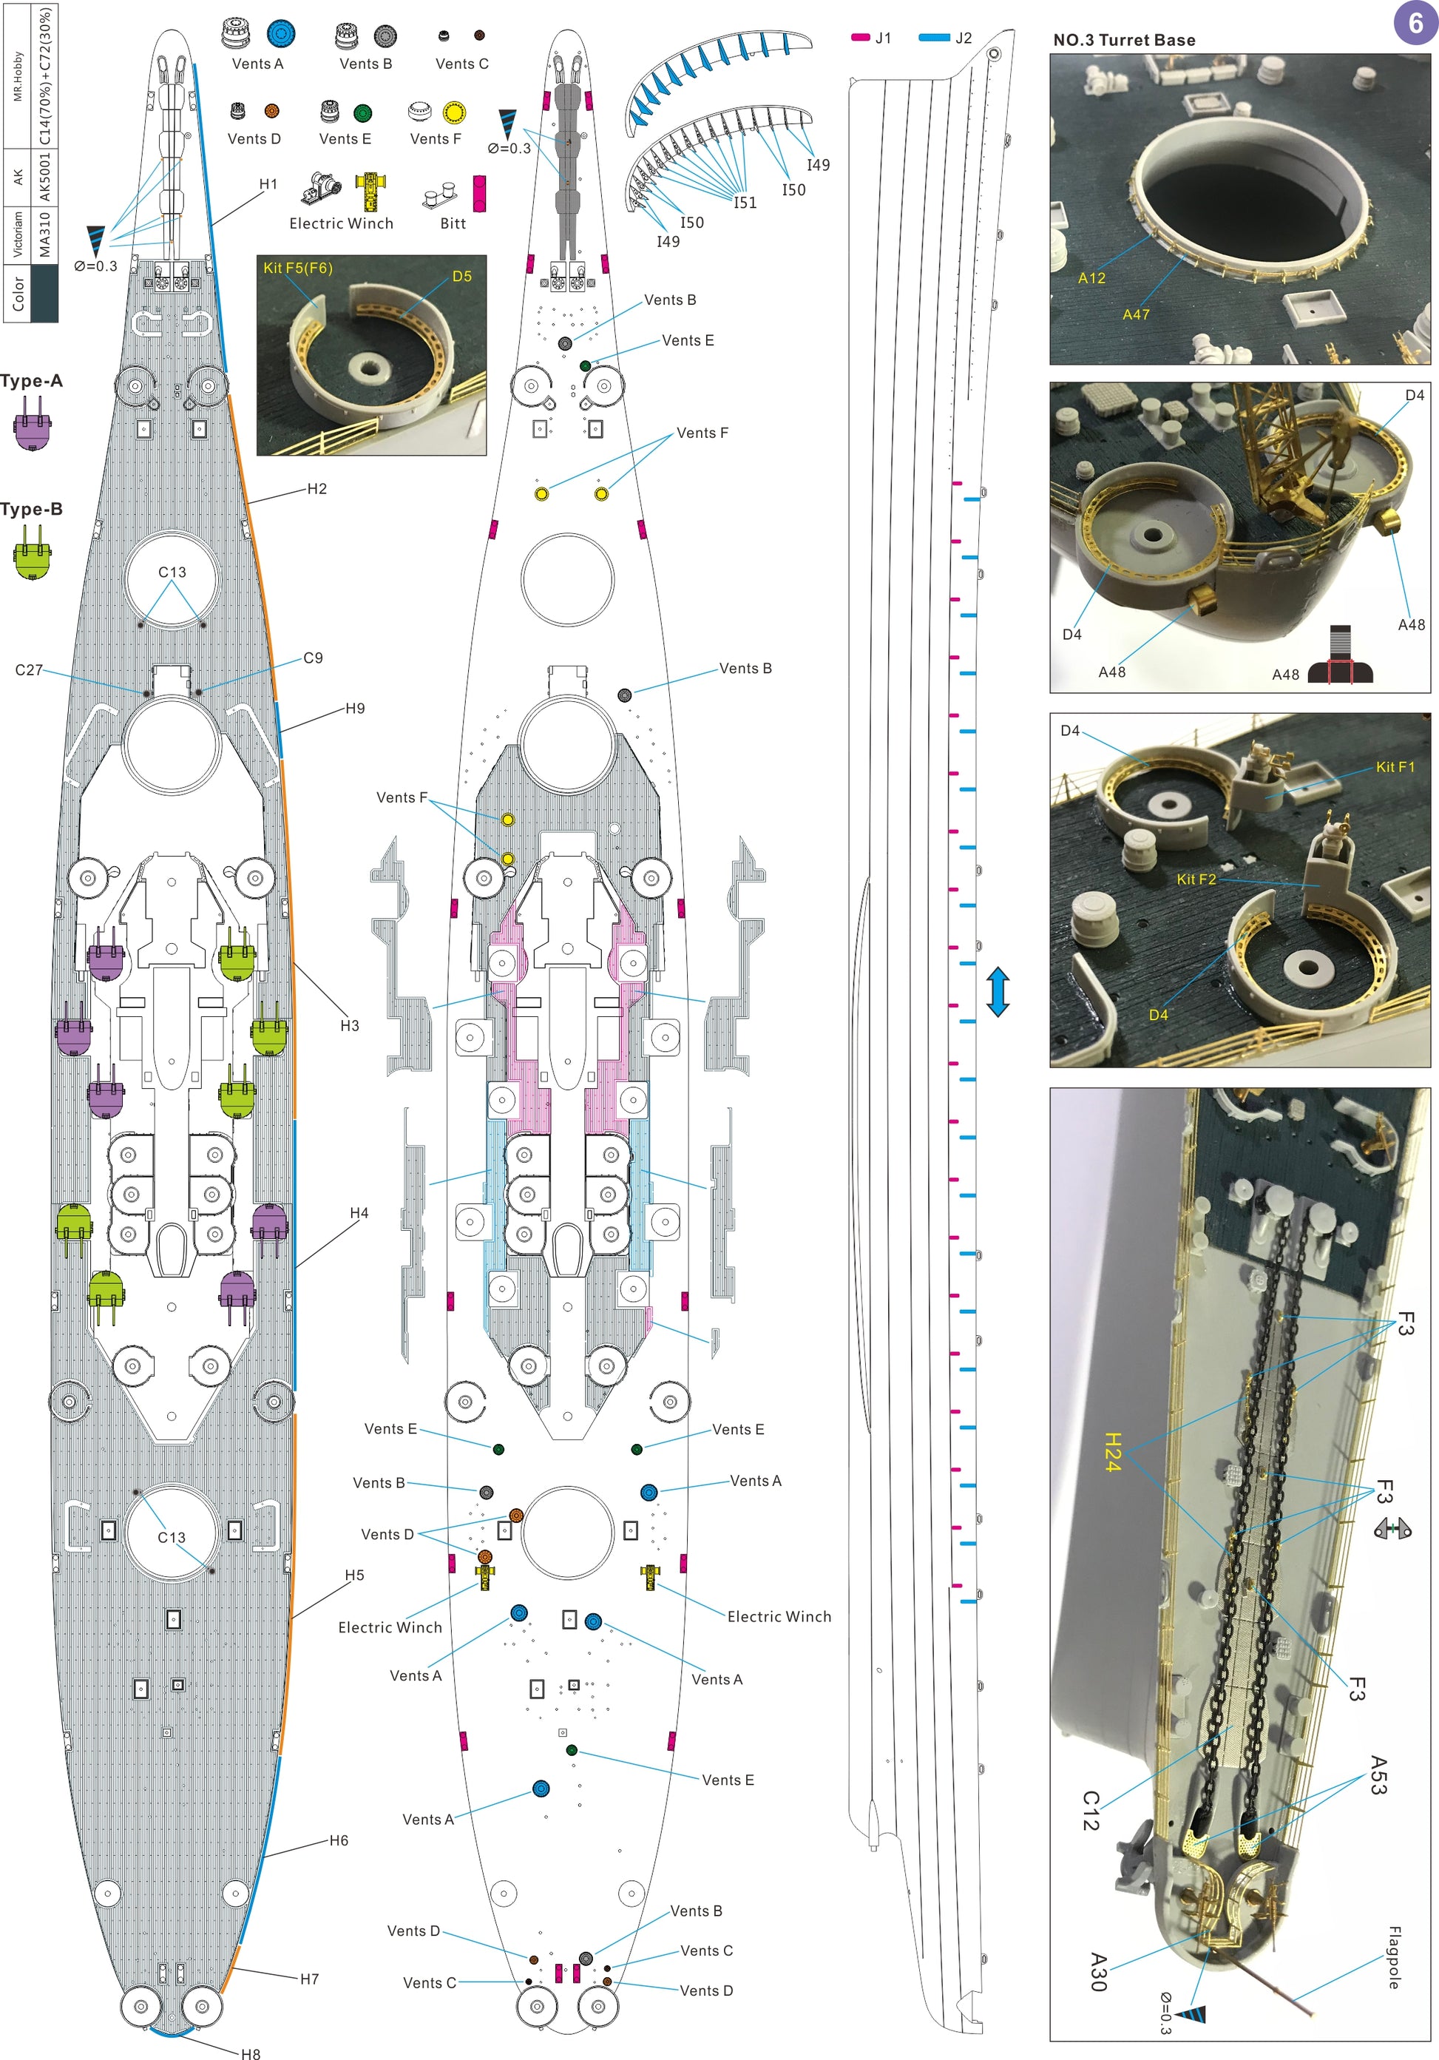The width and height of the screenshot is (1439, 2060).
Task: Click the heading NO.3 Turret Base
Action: point(1123,41)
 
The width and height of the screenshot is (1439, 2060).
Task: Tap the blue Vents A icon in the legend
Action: point(281,34)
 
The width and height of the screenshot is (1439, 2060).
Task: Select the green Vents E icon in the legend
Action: point(362,113)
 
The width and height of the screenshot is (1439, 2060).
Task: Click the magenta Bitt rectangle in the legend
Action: point(479,194)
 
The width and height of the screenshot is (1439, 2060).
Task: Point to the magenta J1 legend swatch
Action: point(860,38)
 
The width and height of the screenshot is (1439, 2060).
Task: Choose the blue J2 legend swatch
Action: point(934,38)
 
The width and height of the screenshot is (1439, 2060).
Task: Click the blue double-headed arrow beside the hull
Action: point(998,991)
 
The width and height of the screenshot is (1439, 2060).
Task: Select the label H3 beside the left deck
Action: point(349,1025)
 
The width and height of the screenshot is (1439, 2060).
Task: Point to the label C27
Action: point(29,669)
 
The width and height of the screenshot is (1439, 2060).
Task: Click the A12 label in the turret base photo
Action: point(1091,278)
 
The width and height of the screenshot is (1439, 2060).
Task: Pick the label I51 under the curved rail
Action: point(745,203)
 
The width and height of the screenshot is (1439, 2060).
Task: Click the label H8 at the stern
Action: point(250,2053)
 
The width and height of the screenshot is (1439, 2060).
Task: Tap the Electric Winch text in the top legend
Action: point(341,223)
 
